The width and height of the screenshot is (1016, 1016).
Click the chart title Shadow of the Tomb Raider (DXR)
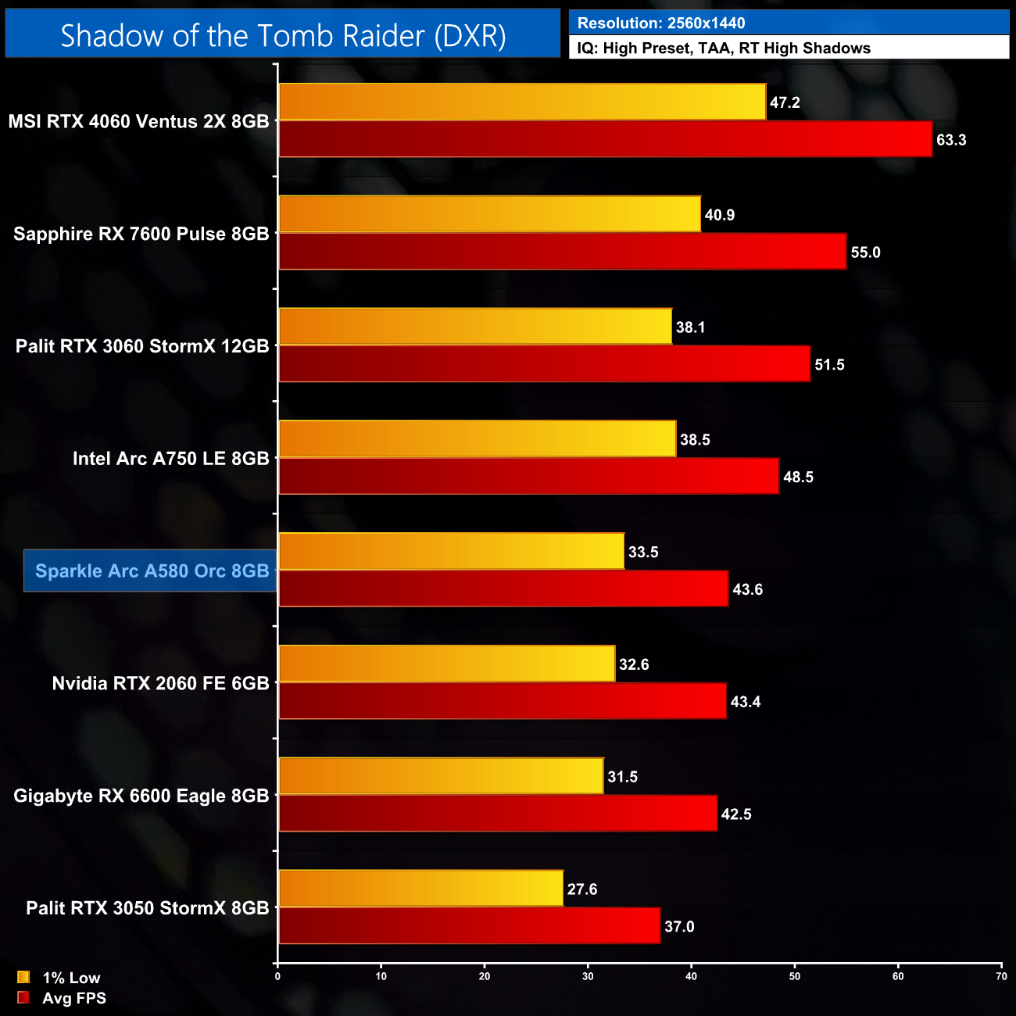(x=283, y=36)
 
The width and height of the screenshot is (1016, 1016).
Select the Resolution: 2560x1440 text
(x=661, y=23)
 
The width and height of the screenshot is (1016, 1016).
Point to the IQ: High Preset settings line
(x=724, y=48)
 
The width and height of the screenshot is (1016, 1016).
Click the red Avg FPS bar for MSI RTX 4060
(x=605, y=139)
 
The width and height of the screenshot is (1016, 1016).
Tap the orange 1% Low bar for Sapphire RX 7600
(x=489, y=214)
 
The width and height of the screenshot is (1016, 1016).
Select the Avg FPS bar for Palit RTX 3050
(x=469, y=926)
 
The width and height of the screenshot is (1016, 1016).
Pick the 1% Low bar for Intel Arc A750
(x=477, y=439)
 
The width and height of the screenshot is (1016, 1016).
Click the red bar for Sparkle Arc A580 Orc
(x=503, y=589)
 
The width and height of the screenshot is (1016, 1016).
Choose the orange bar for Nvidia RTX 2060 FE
(x=446, y=664)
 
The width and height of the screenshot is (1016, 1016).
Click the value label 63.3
(x=951, y=140)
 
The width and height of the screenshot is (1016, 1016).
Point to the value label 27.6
(x=582, y=889)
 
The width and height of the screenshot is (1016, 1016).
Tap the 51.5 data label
(x=829, y=365)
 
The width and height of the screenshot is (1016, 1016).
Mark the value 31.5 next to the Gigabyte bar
(x=623, y=777)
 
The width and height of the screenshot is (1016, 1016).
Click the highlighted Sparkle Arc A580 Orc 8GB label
(x=152, y=571)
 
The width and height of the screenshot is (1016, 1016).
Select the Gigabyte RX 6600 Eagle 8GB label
(x=141, y=796)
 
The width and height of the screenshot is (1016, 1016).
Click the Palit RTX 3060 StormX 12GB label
(x=142, y=346)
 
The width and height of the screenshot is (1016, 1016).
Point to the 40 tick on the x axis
(x=691, y=976)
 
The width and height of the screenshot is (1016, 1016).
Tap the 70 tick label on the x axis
(x=1001, y=976)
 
